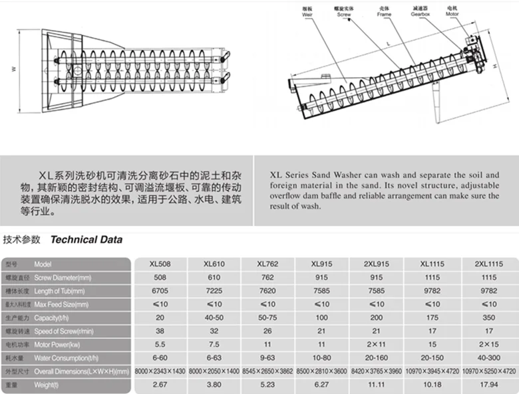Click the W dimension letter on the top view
point(12,68)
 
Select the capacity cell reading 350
point(491,316)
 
